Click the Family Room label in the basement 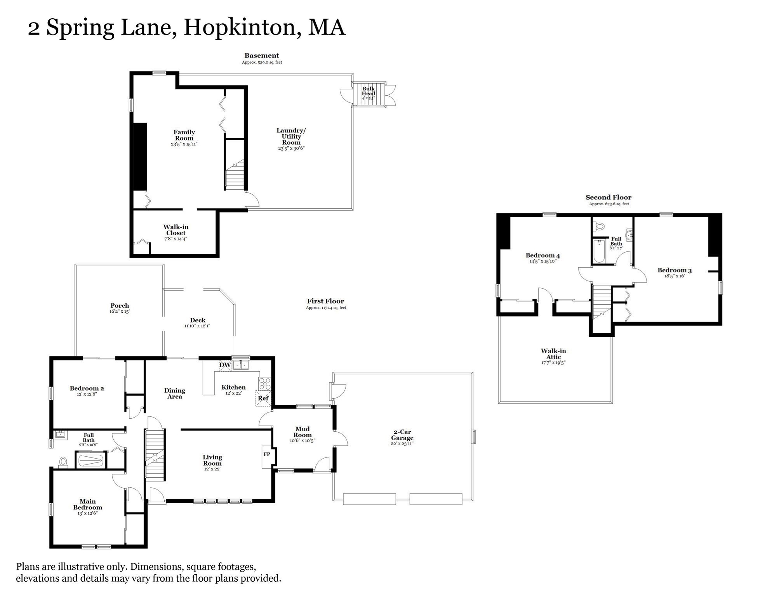pyautogui.click(x=184, y=135)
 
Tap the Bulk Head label pyautogui.click(x=368, y=91)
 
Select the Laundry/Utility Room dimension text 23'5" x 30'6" pyautogui.click(x=291, y=148)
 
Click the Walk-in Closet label pyautogui.click(x=176, y=230)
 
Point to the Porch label pyautogui.click(x=120, y=306)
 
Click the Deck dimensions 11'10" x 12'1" pyautogui.click(x=197, y=326)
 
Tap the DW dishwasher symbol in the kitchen pyautogui.click(x=225, y=365)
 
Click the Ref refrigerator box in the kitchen pyautogui.click(x=263, y=398)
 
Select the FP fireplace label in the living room pyautogui.click(x=267, y=454)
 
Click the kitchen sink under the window pyautogui.click(x=241, y=365)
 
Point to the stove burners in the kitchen pyautogui.click(x=265, y=384)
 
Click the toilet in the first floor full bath pyautogui.click(x=63, y=462)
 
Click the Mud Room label pyautogui.click(x=303, y=432)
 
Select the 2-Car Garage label pyautogui.click(x=402, y=435)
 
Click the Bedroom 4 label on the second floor pyautogui.click(x=542, y=255)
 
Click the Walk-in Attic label pyautogui.click(x=553, y=354)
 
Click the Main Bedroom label pyautogui.click(x=88, y=504)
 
